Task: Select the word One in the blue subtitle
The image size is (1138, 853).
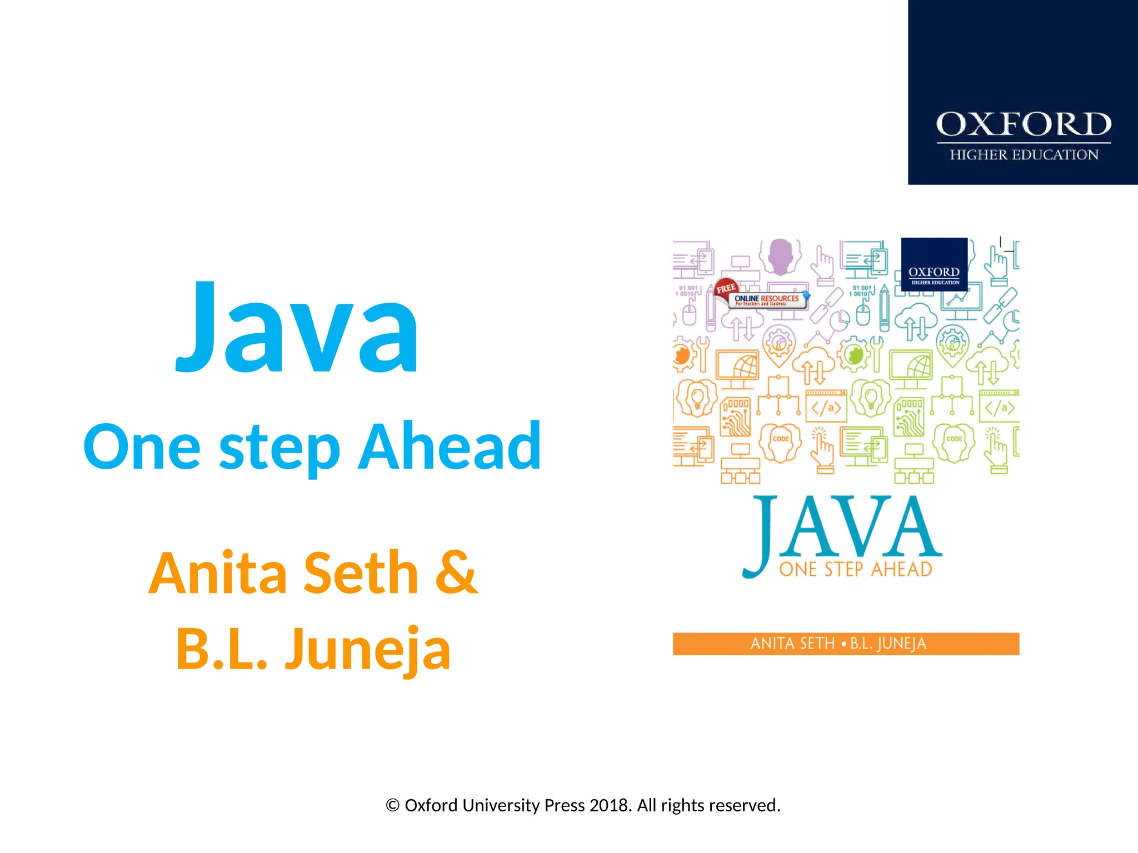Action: point(142,447)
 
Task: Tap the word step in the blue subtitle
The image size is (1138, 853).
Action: point(279,449)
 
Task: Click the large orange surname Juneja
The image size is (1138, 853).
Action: point(367,650)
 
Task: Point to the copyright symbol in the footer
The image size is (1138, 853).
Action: point(393,806)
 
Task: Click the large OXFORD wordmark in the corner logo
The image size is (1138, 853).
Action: point(1024,124)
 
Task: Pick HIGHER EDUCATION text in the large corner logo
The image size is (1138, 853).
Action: point(1024,155)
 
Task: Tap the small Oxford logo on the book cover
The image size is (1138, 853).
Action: point(934,264)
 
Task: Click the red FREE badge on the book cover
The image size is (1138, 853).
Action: point(726,288)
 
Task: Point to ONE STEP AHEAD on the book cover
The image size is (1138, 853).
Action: point(856,569)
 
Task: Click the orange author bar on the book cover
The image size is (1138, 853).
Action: point(846,644)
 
